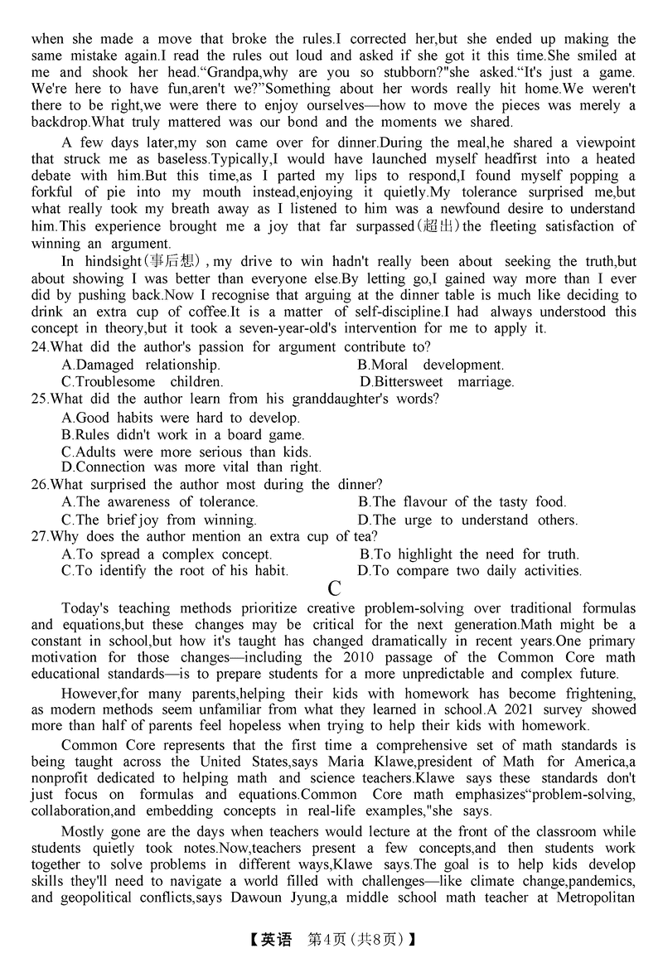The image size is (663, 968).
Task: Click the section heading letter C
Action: point(334,589)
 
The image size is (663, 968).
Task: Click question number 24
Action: point(39,346)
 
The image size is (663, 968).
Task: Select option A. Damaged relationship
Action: point(141,365)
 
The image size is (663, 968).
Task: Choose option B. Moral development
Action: point(431,365)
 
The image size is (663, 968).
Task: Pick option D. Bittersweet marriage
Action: point(437,382)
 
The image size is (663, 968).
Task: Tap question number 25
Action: point(39,399)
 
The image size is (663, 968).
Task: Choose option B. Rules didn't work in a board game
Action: point(183,434)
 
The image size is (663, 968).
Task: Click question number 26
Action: point(39,484)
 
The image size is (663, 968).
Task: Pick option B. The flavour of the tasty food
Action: point(462,501)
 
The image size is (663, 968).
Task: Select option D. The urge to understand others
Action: point(467,520)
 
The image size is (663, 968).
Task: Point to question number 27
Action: point(39,536)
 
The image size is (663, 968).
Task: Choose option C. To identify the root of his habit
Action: point(175,571)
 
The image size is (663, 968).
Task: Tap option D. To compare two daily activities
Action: point(469,571)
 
